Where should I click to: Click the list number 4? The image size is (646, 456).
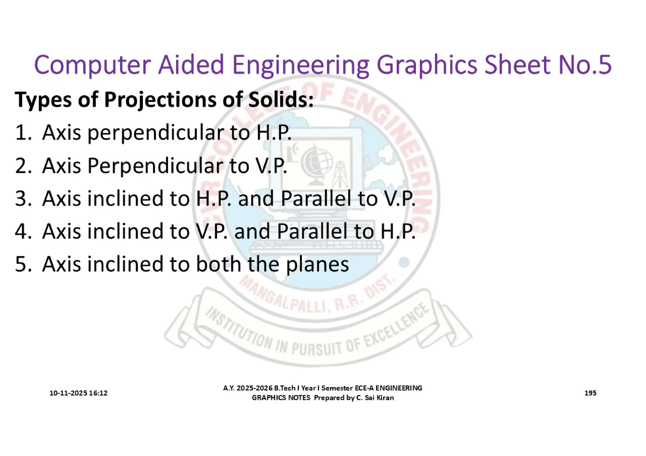click(23, 231)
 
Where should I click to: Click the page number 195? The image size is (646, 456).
click(590, 393)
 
